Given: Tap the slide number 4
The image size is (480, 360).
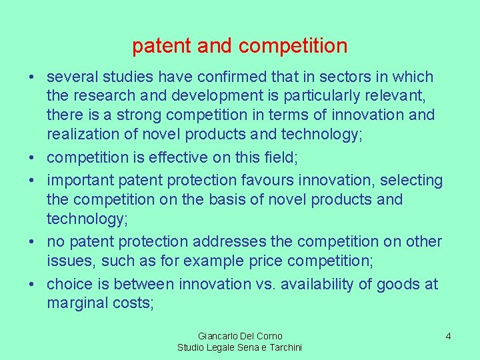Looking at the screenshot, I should pos(448,336).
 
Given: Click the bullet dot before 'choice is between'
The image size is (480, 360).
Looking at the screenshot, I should pos(32,285).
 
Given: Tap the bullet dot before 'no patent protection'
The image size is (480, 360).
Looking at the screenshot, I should pos(32,242).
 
